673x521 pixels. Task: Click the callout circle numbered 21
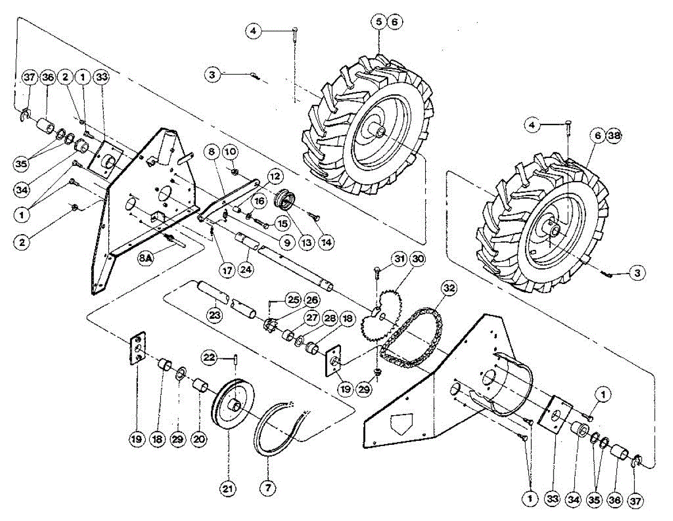[x=228, y=489]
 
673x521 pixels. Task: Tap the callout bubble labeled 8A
[x=147, y=258]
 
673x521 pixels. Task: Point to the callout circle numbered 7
[x=268, y=489]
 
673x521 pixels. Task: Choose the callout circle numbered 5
[x=379, y=22]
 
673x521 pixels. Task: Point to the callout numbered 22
[x=209, y=357]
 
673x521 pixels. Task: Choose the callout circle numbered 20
[x=199, y=440]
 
